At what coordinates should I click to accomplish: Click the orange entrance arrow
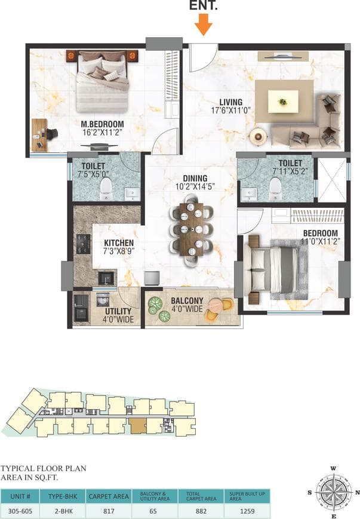coord(204,24)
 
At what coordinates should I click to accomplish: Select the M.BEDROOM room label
coord(102,125)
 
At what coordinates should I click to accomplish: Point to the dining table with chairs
coord(191,229)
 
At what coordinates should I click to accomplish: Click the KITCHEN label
coord(119,243)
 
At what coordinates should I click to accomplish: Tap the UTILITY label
coord(119,312)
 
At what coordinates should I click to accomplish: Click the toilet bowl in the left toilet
coord(106,189)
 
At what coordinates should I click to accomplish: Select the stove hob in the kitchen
coord(83,242)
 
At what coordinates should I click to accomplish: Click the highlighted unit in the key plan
coord(137,426)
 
